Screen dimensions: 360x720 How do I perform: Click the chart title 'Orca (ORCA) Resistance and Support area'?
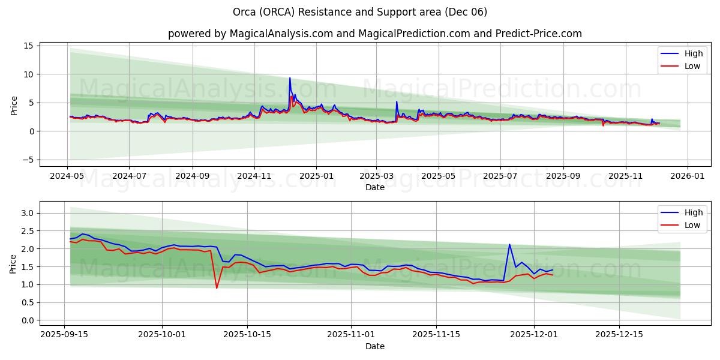(x=359, y=12)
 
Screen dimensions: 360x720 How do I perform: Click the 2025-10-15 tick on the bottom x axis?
(x=248, y=334)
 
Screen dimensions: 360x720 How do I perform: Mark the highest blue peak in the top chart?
(x=290, y=77)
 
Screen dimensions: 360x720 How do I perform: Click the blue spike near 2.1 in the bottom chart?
(x=509, y=244)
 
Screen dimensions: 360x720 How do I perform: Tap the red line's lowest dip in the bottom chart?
(x=217, y=288)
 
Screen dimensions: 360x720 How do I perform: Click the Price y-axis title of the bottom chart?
(x=13, y=263)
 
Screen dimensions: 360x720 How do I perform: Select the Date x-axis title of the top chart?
(x=374, y=187)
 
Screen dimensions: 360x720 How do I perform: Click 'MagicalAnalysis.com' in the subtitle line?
(x=281, y=34)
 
